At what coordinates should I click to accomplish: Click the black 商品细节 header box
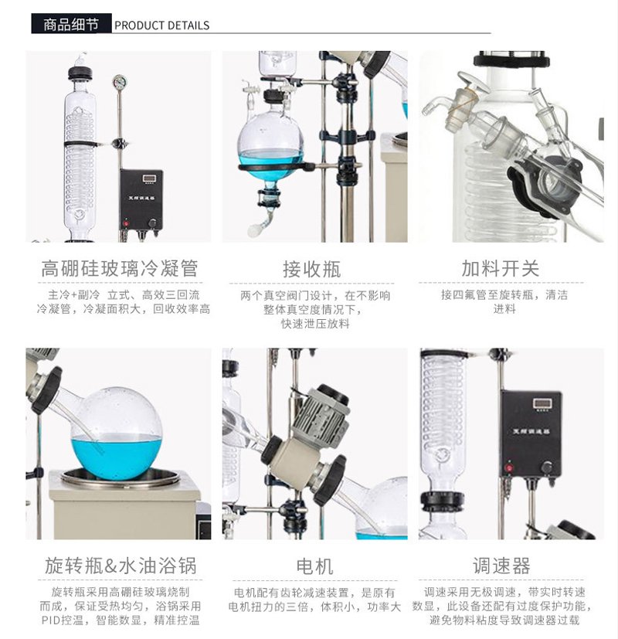tap(71, 24)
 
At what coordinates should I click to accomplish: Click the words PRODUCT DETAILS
tap(162, 25)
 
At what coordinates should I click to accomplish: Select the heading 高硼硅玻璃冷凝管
tap(119, 268)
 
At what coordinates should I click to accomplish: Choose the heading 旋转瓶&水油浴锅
tap(119, 566)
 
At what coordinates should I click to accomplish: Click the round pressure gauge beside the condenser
tap(118, 83)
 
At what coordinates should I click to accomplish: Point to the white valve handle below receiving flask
tap(253, 229)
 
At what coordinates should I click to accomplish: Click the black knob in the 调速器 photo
tap(547, 467)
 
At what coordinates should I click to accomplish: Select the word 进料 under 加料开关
tap(504, 309)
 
